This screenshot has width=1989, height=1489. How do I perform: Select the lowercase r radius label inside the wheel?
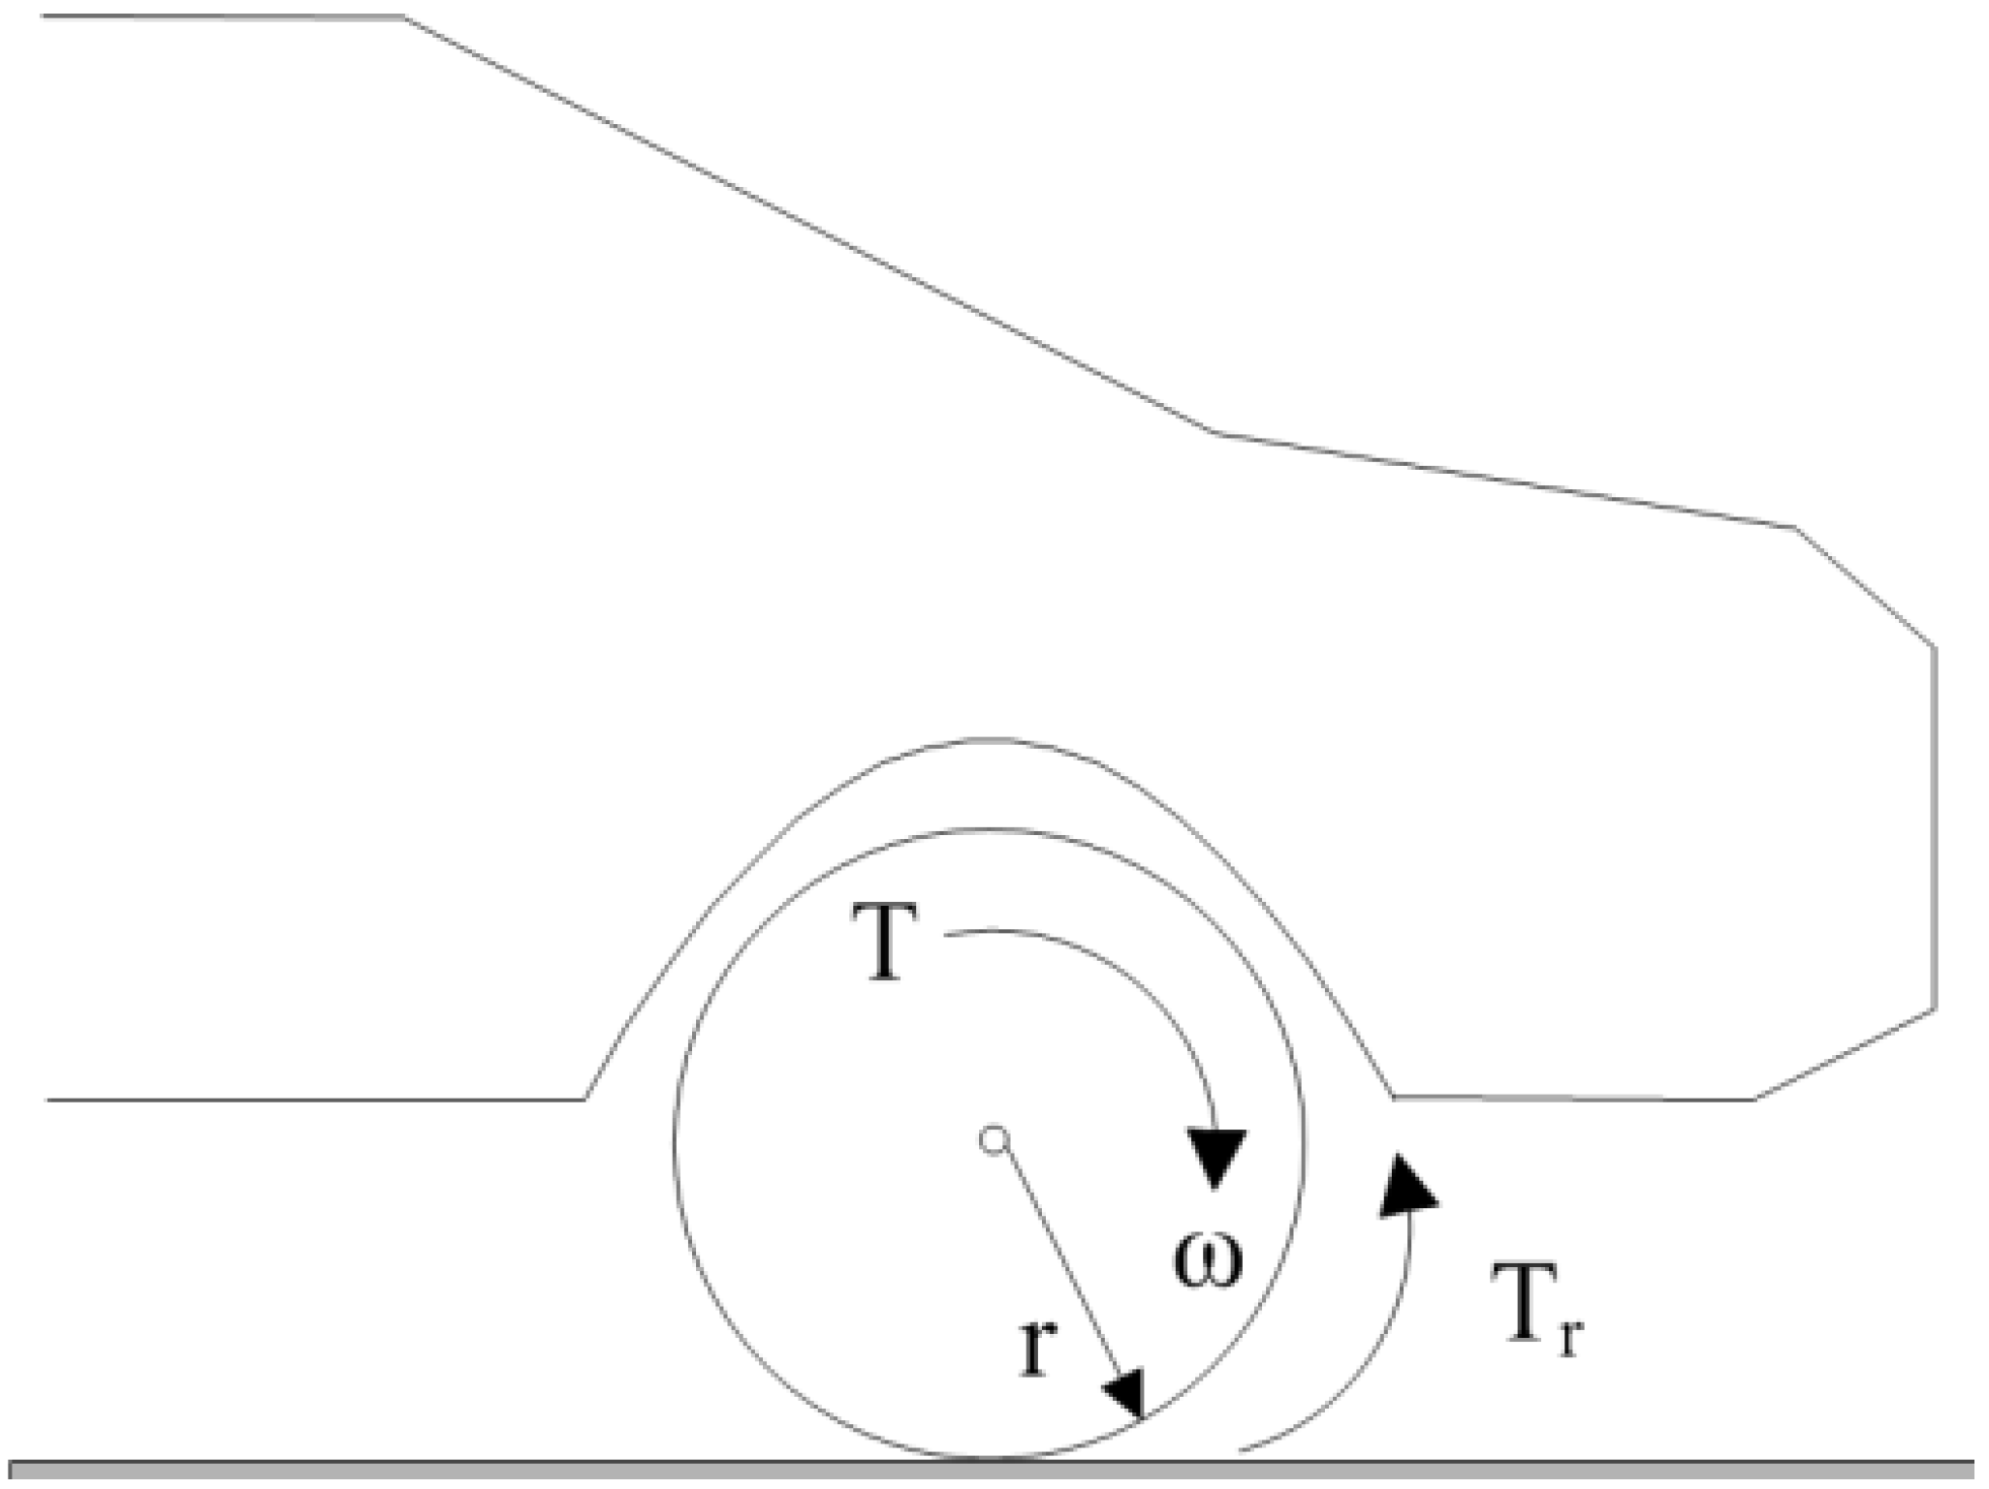(1035, 1347)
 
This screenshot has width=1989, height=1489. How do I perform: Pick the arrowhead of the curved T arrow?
(1215, 1159)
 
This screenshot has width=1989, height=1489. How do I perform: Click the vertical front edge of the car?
(1935, 828)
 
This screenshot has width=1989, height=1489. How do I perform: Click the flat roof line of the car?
(223, 16)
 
